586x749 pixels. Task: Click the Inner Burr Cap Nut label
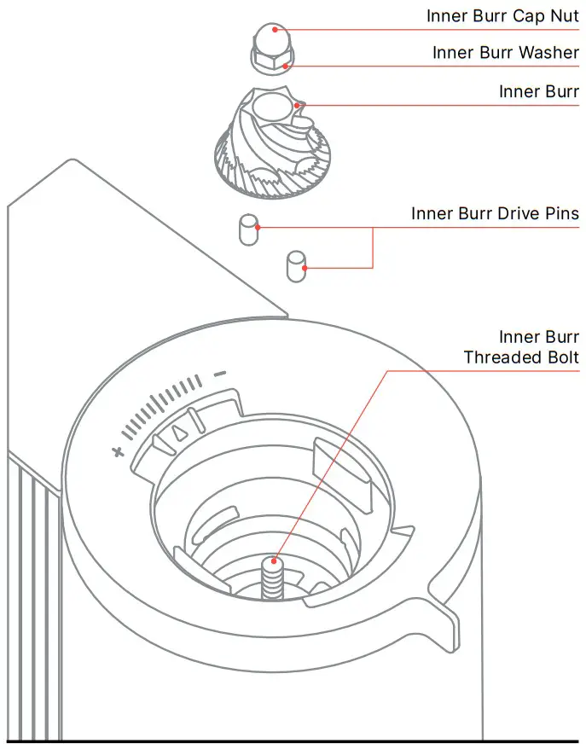(502, 16)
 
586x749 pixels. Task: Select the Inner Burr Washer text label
(505, 53)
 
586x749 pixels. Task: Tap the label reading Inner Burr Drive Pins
(495, 213)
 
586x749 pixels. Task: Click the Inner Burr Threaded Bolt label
(521, 347)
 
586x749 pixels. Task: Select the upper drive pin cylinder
(247, 229)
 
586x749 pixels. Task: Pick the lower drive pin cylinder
(295, 265)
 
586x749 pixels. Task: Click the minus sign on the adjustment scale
(219, 374)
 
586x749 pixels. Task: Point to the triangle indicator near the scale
(178, 432)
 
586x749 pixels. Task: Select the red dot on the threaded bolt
(275, 562)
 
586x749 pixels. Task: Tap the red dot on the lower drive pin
(305, 269)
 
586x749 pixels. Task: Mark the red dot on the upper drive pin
(258, 228)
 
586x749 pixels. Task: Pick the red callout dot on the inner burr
(298, 105)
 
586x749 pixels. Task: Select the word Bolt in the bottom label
(558, 357)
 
